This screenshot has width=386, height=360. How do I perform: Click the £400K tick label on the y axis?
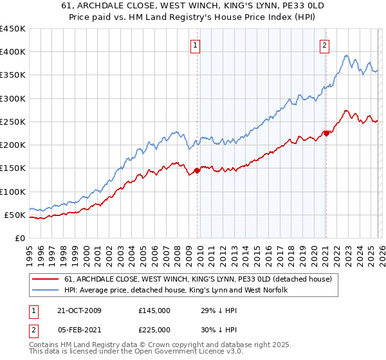click(13, 52)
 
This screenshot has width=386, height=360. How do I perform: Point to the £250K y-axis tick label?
click(13, 122)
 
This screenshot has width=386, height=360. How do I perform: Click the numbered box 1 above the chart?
click(195, 45)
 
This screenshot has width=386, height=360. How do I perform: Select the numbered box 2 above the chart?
click(325, 45)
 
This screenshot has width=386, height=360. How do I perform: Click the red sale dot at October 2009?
click(197, 170)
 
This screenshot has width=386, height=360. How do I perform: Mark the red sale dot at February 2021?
click(326, 133)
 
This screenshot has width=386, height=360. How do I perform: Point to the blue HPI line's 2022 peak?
click(347, 55)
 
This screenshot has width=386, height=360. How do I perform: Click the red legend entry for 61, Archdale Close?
click(198, 279)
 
